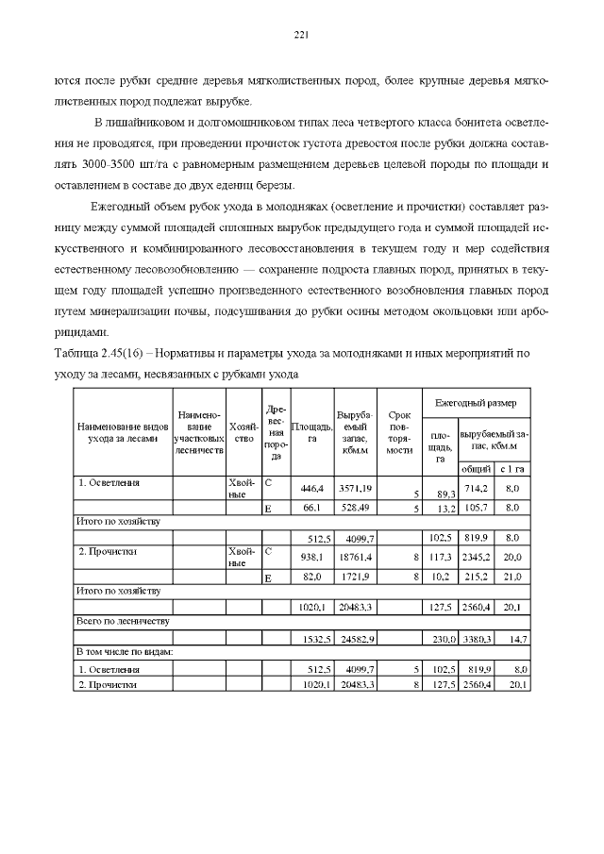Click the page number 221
pos(302,35)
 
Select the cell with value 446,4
pos(311,488)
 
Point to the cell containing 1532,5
pos(311,639)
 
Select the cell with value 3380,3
pos(475,639)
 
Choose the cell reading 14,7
pos(513,639)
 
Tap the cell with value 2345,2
pos(475,557)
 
